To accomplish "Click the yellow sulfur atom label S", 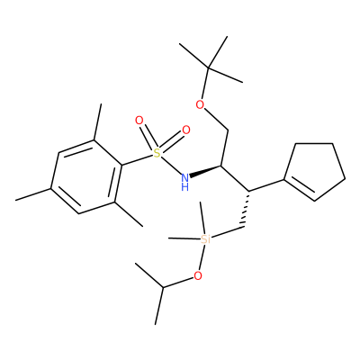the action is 156,153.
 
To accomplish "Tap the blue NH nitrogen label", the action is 185,182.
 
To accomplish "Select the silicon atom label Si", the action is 205,239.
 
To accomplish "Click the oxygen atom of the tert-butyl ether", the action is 200,104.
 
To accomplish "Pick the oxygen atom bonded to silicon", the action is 197,275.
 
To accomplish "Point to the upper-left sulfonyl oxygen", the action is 139,121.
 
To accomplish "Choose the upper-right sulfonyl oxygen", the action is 186,130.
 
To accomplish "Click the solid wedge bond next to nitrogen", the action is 206,171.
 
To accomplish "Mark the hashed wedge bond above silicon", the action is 246,209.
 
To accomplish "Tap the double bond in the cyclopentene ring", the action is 301,188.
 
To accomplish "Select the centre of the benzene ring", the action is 86,177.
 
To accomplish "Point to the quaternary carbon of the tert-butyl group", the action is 209,68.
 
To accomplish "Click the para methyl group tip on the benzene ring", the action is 16,200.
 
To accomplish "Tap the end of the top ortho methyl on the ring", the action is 102,104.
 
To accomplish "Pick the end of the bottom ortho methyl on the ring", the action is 143,226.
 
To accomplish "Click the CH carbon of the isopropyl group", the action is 163,288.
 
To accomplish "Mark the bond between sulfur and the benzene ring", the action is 137,160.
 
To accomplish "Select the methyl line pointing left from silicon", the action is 184,238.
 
